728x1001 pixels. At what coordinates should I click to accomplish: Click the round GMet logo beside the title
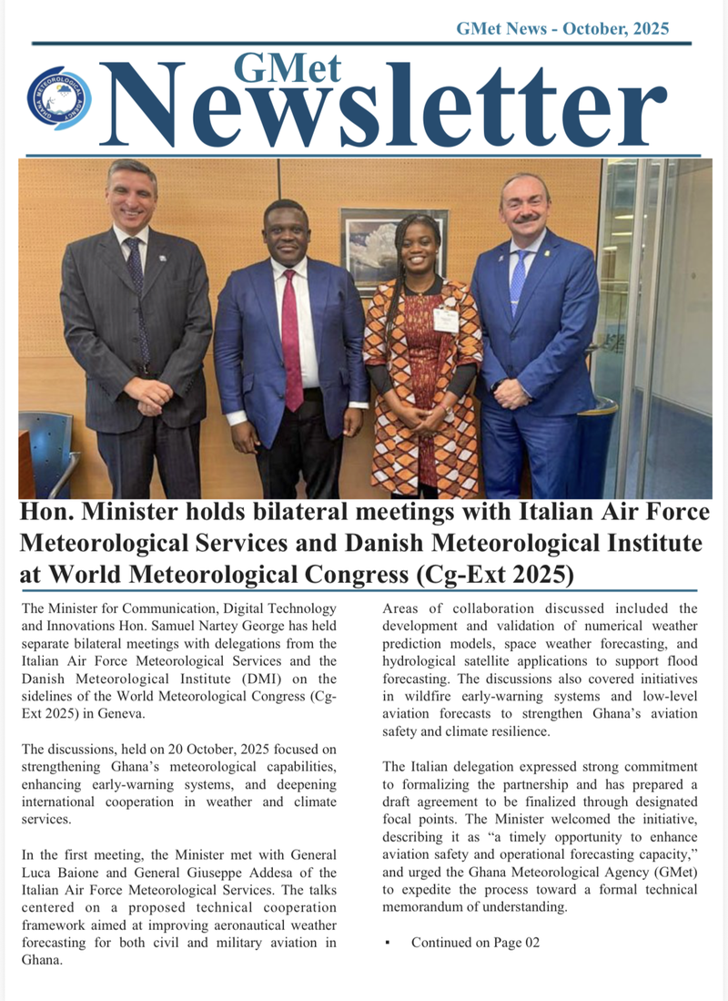(x=59, y=97)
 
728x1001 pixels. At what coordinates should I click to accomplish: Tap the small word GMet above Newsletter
(x=288, y=68)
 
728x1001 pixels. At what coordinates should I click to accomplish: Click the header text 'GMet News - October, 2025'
(x=562, y=28)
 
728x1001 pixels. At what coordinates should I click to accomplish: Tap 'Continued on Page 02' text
(x=475, y=942)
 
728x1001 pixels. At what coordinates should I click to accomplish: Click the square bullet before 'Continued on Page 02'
(x=388, y=942)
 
